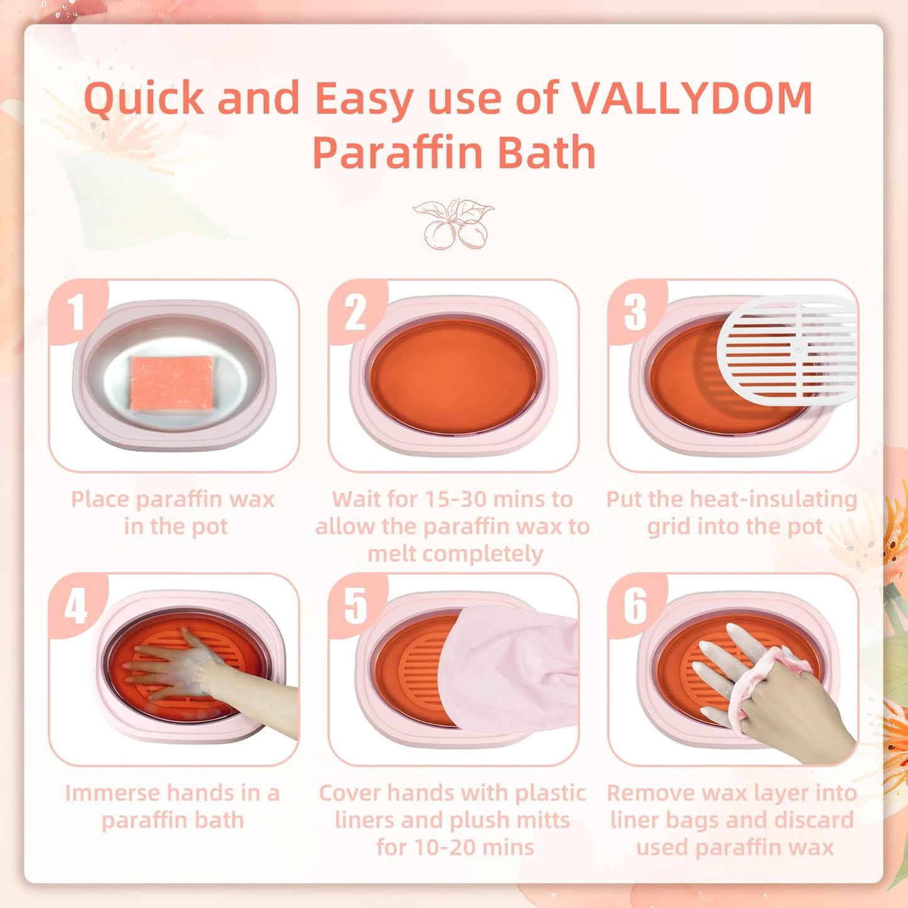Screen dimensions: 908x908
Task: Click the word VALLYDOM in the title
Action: pos(691,99)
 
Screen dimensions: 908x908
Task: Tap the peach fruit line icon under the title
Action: pos(453,224)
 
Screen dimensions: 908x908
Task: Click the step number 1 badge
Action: pos(76,312)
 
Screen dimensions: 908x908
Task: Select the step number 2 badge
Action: pos(356,312)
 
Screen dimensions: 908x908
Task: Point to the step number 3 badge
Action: pos(635,312)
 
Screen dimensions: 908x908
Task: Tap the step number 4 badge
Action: pos(76,606)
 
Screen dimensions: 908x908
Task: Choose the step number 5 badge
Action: pos(356,606)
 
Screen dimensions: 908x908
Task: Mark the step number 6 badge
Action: pos(635,606)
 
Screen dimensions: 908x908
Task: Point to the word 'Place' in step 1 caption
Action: pos(100,500)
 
